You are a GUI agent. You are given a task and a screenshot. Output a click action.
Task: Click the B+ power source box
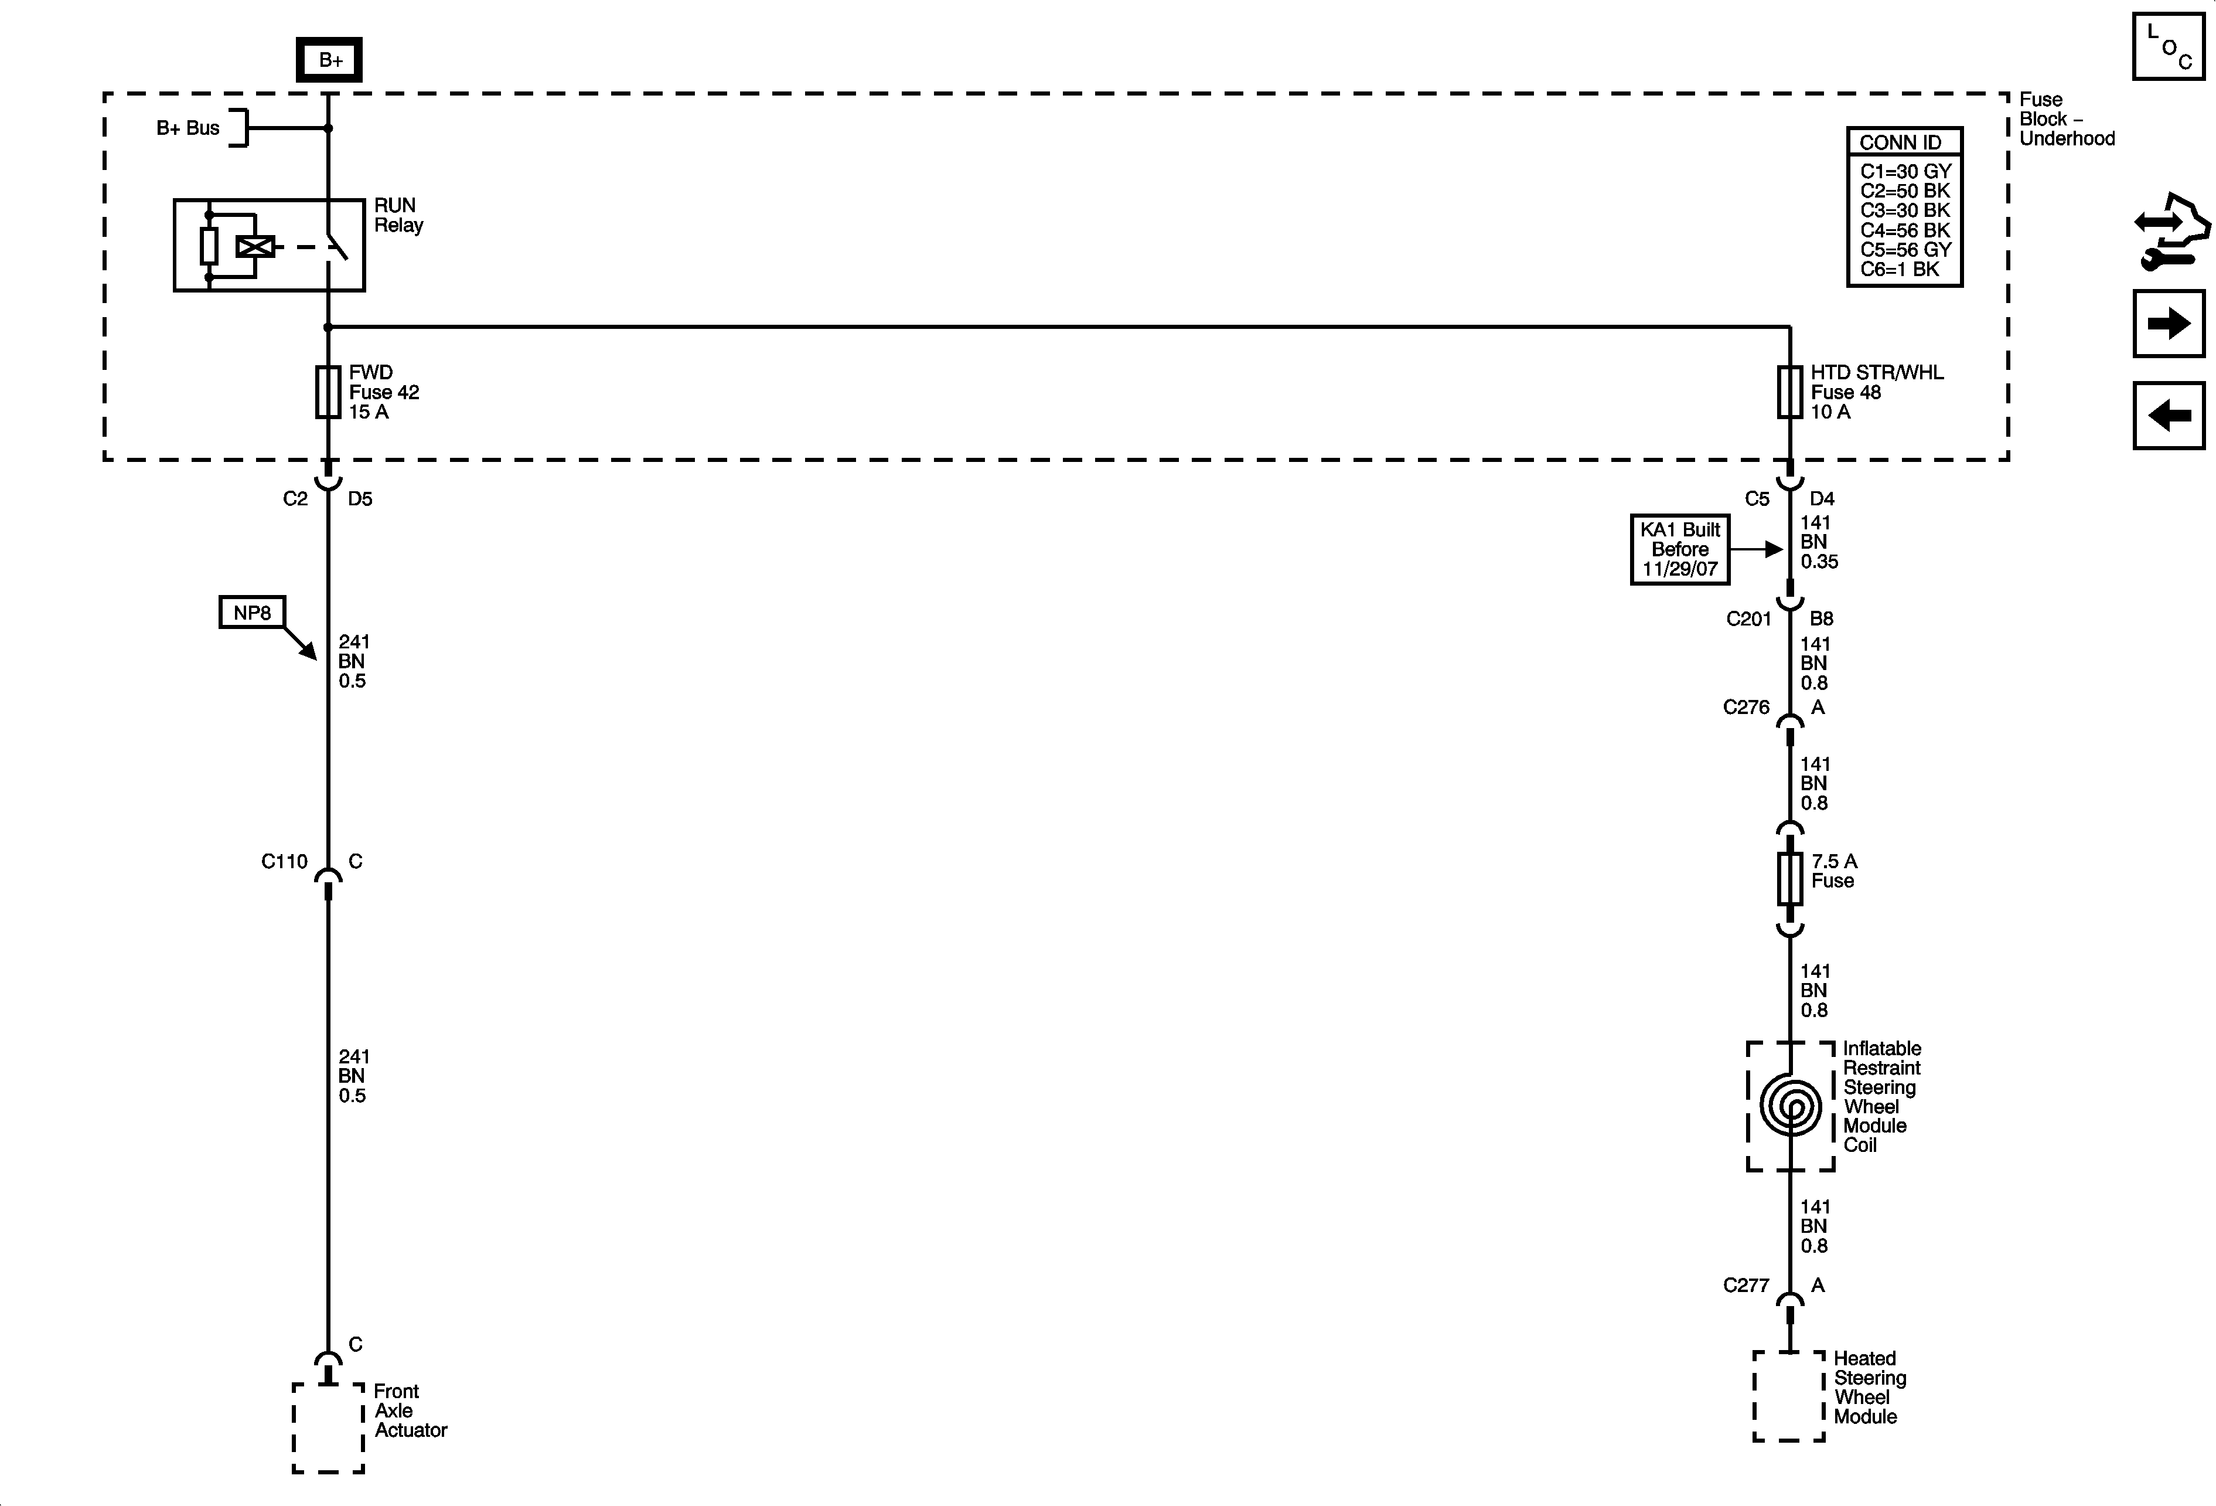tap(329, 60)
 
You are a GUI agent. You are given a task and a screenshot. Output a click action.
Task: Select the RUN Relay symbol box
tap(269, 245)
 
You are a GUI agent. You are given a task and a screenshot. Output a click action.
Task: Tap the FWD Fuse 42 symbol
tap(328, 392)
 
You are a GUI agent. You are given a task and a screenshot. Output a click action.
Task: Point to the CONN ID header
tap(1900, 142)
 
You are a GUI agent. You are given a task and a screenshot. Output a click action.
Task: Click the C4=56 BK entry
tap(1904, 230)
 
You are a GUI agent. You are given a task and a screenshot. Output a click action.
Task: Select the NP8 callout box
tap(252, 613)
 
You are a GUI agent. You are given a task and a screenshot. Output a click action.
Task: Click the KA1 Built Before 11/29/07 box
tap(1679, 549)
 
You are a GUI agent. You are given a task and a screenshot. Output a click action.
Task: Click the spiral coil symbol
tap(1790, 1106)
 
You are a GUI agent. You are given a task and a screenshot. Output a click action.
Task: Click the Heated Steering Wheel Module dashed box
tap(1789, 1395)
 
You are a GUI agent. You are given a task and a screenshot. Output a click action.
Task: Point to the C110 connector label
tap(284, 861)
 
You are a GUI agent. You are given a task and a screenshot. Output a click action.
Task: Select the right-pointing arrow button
tap(2169, 324)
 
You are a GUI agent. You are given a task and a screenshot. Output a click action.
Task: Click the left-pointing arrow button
tap(2169, 415)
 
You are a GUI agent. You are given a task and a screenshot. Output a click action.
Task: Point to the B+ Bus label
tap(188, 128)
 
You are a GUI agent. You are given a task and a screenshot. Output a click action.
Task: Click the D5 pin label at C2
tap(360, 499)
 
